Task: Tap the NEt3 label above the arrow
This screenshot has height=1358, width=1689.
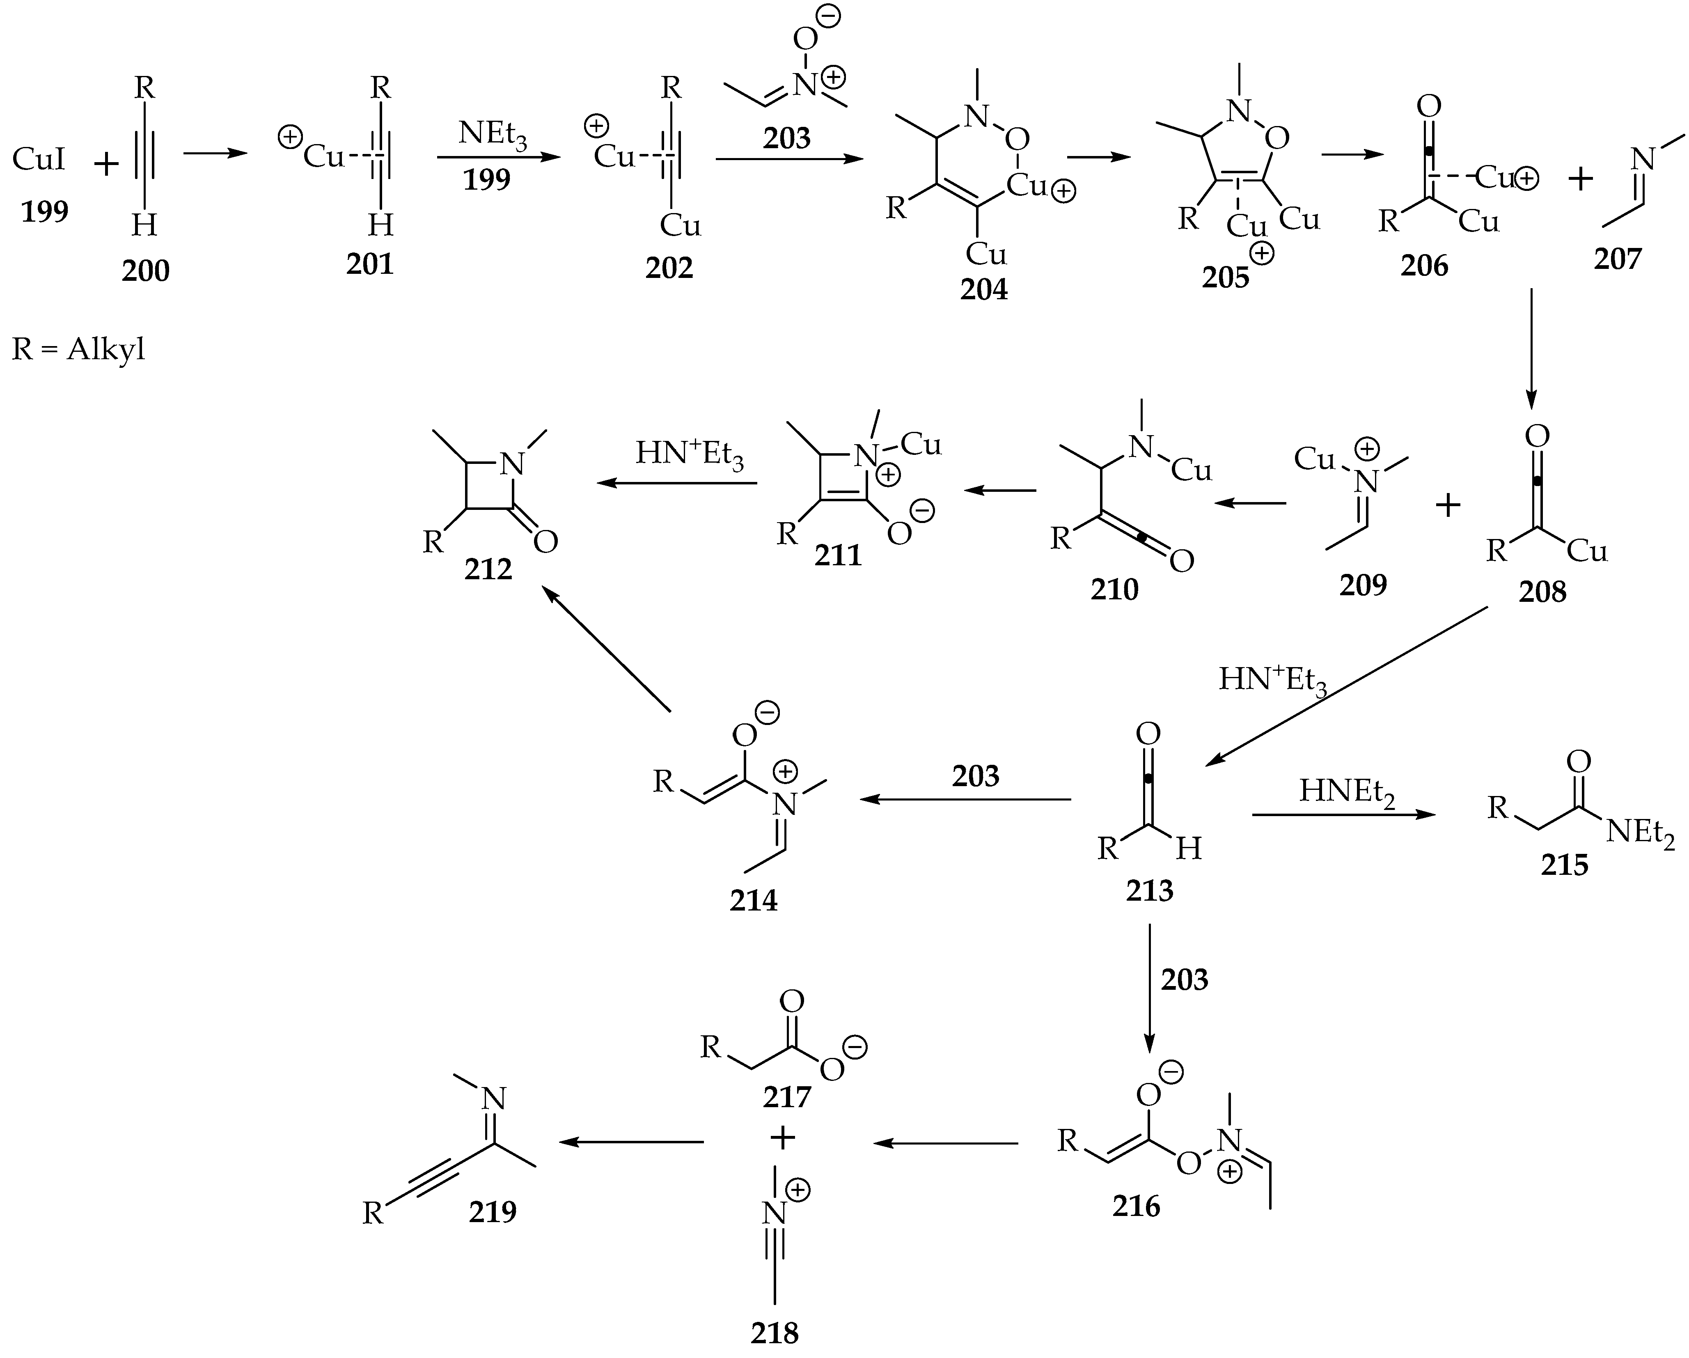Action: pyautogui.click(x=492, y=133)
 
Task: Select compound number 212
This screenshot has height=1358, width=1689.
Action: pyautogui.click(x=488, y=570)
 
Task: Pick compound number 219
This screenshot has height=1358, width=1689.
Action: pyautogui.click(x=493, y=1212)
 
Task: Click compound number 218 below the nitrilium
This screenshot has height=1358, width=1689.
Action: pyautogui.click(x=774, y=1332)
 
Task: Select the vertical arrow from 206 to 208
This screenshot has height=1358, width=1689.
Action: pyautogui.click(x=1531, y=349)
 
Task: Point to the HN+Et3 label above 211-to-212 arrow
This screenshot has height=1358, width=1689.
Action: pyautogui.click(x=690, y=454)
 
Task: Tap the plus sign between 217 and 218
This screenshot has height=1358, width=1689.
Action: pyautogui.click(x=782, y=1138)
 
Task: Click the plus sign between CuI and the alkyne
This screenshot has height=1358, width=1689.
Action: pyautogui.click(x=106, y=165)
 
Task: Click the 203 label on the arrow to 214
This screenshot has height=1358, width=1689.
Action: pyautogui.click(x=975, y=776)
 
